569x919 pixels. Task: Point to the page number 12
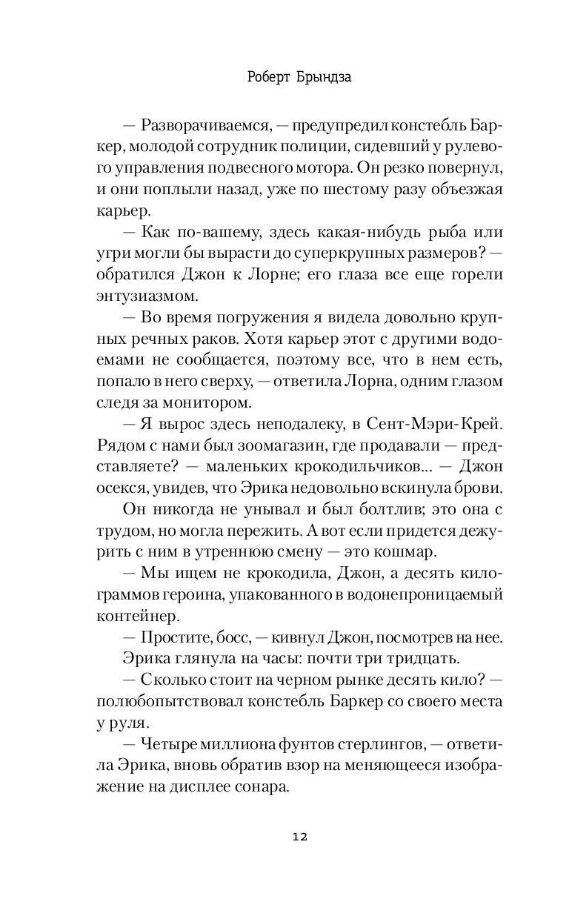point(299,837)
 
